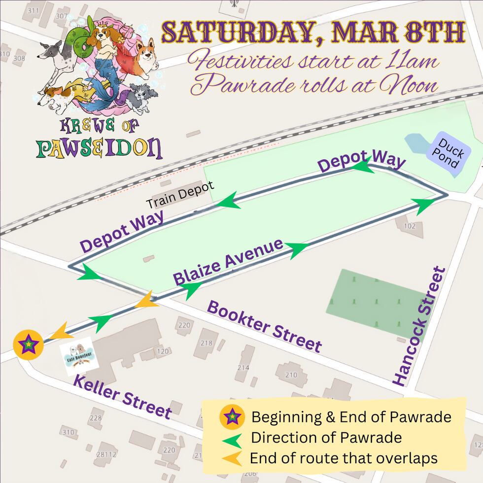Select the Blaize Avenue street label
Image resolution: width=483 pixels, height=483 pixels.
click(228, 262)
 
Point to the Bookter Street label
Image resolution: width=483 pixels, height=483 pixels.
click(264, 326)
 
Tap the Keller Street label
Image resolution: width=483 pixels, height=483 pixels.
click(122, 397)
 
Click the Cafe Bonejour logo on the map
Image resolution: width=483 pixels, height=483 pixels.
click(79, 353)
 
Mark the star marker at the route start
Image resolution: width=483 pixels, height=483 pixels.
click(29, 344)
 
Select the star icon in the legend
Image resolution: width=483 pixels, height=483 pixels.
click(231, 417)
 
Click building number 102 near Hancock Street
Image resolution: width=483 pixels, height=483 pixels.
click(410, 227)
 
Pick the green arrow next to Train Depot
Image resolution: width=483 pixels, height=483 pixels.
click(230, 202)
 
